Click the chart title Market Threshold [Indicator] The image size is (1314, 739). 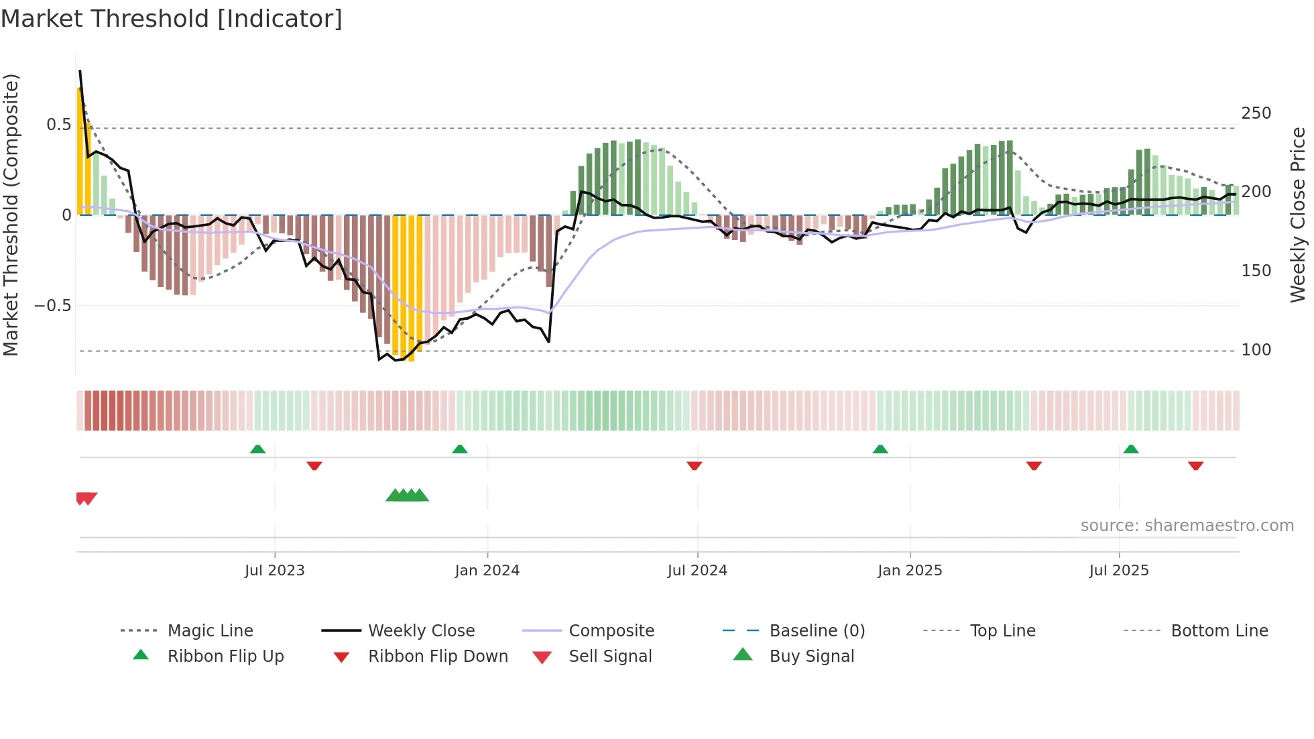pyautogui.click(x=172, y=19)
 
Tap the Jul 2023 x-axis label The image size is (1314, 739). pyautogui.click(x=274, y=571)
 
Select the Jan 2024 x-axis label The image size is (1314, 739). pyautogui.click(x=487, y=571)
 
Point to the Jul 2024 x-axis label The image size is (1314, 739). pyautogui.click(x=697, y=571)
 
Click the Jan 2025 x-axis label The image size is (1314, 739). pyautogui.click(x=910, y=571)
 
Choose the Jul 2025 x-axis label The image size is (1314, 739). pyautogui.click(x=1119, y=571)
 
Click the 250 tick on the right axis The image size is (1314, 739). pyautogui.click(x=1256, y=113)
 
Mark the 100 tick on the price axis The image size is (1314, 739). pyautogui.click(x=1256, y=350)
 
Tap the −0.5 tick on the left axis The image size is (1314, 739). pyautogui.click(x=52, y=306)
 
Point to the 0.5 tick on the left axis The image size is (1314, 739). pyautogui.click(x=58, y=125)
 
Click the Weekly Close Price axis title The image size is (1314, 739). pyautogui.click(x=1299, y=215)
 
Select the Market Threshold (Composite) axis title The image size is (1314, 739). pyautogui.click(x=11, y=215)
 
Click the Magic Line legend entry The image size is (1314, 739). pyautogui.click(x=210, y=631)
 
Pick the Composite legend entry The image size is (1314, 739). pyautogui.click(x=611, y=631)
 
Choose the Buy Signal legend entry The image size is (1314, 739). pyautogui.click(x=811, y=657)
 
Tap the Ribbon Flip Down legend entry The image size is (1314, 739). pyautogui.click(x=437, y=657)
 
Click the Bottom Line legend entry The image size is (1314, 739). pyautogui.click(x=1219, y=631)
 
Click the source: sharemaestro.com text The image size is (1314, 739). pyautogui.click(x=1187, y=526)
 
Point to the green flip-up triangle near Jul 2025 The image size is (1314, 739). pyautogui.click(x=1131, y=449)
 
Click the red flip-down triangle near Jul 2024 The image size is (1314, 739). pyautogui.click(x=695, y=465)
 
